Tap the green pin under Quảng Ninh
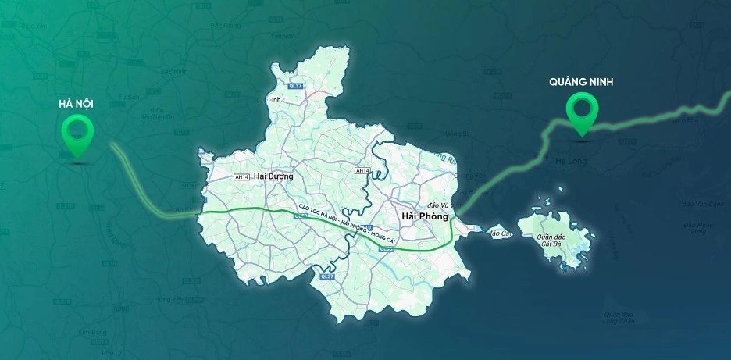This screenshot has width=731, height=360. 582,112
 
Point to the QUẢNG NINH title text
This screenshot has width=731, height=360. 582,80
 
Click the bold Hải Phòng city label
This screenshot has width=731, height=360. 425,216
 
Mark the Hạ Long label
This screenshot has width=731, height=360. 569,160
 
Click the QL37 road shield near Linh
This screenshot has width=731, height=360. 295,86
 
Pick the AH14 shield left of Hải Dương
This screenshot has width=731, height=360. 242,177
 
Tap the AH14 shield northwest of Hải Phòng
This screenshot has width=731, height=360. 362,170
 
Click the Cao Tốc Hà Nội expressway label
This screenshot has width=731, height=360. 344,226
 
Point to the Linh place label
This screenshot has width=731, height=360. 274,101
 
